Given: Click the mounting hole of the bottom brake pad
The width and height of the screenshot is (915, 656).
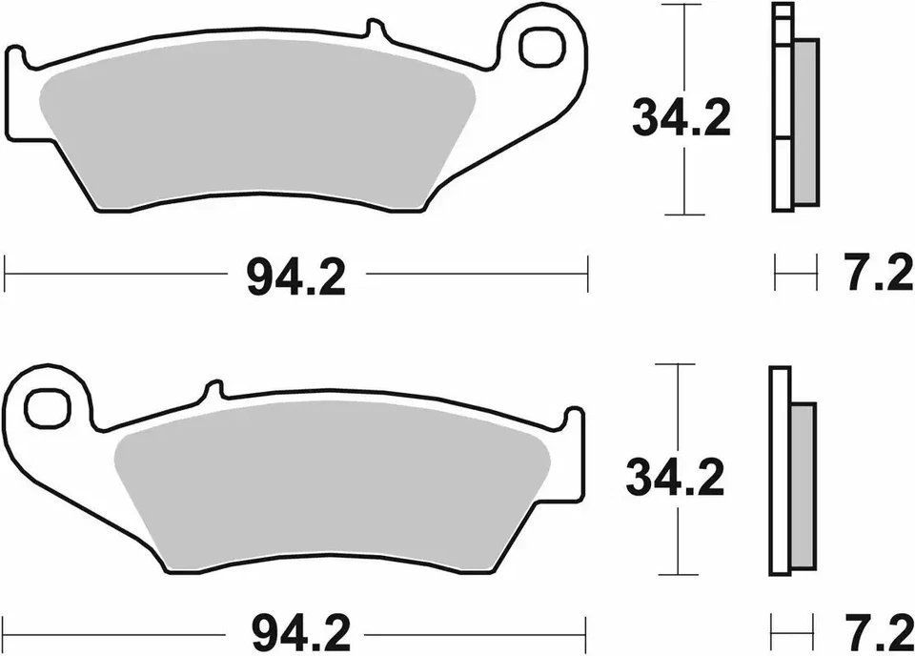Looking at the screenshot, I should [43, 408].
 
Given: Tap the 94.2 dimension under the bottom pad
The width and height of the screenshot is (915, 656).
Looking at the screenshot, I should [295, 629].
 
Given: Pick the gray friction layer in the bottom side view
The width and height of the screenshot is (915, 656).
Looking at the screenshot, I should [803, 486].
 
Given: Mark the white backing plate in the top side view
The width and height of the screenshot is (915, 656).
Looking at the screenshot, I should [782, 114].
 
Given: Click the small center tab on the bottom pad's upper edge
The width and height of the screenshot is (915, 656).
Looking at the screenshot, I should [214, 390].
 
